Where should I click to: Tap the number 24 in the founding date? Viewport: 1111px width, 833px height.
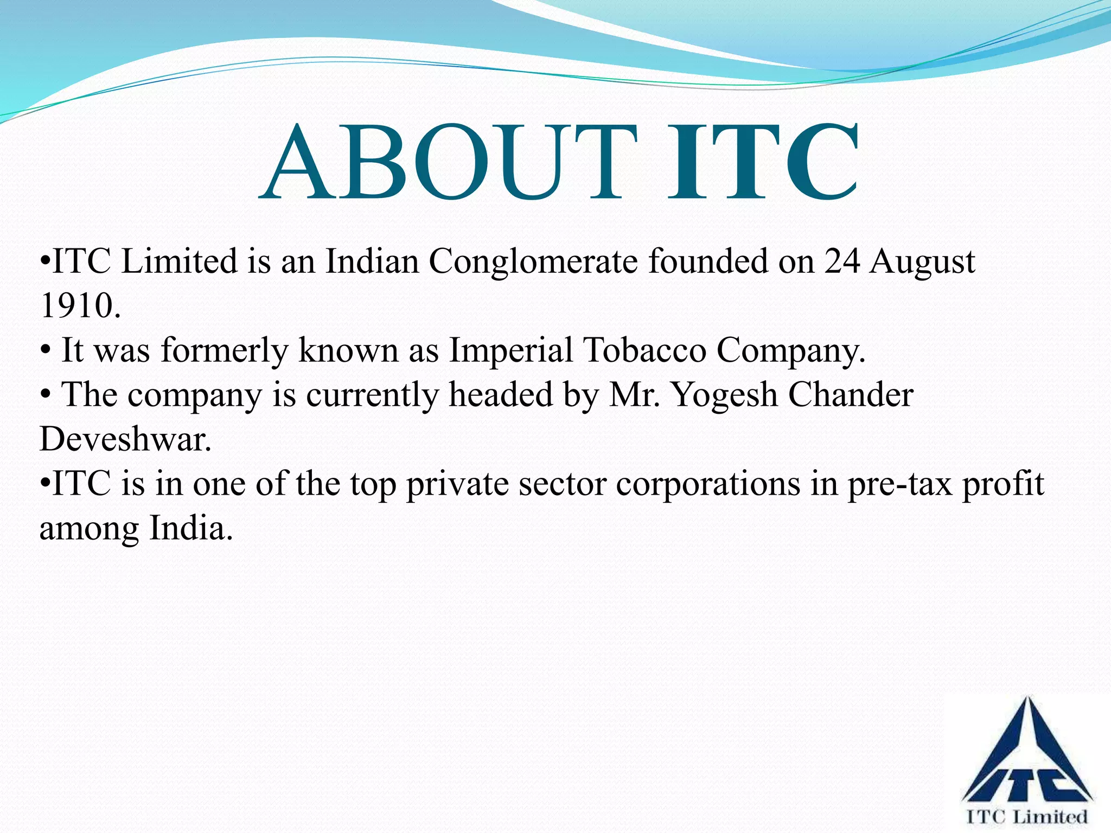coord(842,262)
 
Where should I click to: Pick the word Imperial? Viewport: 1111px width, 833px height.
coord(510,351)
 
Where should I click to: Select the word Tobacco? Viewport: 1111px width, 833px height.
coord(644,350)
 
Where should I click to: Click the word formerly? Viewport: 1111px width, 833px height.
coord(224,351)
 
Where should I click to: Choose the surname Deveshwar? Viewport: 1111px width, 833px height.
coord(125,439)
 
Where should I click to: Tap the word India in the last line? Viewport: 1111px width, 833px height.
coord(190,528)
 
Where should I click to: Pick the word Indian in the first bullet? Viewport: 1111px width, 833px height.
coord(372,262)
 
